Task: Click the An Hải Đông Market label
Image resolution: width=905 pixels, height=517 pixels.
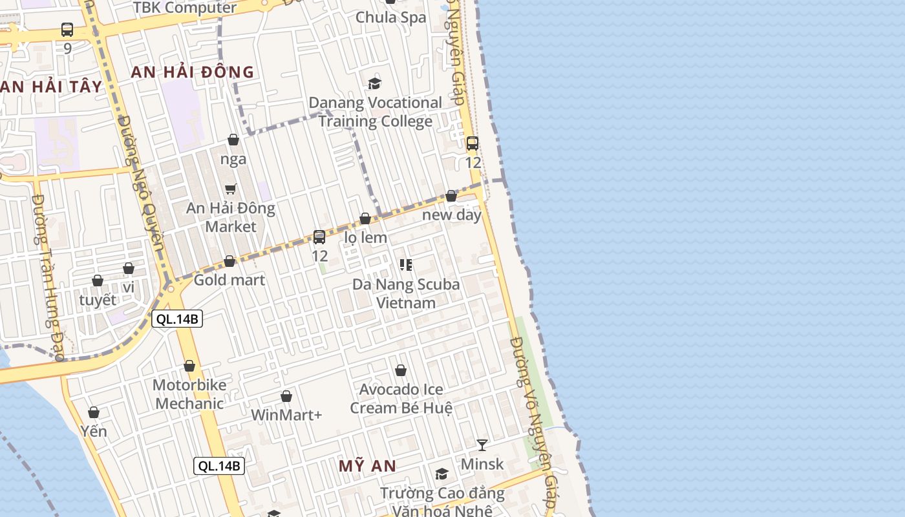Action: click(231, 218)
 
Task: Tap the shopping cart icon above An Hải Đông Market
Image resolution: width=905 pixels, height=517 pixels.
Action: click(231, 189)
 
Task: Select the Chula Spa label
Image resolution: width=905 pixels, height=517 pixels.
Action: click(391, 17)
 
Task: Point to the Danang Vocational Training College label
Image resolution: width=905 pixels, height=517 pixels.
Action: click(376, 112)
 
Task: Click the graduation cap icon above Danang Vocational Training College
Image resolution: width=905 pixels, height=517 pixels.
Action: click(374, 83)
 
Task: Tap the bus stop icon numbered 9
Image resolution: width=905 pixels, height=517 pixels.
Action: click(67, 29)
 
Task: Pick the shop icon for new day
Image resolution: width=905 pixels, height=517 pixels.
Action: click(451, 196)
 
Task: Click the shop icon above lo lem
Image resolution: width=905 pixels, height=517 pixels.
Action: click(365, 218)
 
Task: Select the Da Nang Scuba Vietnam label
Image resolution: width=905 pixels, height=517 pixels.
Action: click(406, 293)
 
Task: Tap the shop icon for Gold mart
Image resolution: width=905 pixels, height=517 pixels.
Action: click(229, 261)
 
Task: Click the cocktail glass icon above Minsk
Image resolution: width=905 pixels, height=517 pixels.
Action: click(482, 445)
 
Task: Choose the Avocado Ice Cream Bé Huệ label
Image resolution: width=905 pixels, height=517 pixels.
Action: click(401, 399)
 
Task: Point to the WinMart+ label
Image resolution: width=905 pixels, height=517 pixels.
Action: click(286, 415)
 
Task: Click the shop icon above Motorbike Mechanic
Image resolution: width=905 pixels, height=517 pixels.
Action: click(189, 366)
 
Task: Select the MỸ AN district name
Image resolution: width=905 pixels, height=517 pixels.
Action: click(368, 465)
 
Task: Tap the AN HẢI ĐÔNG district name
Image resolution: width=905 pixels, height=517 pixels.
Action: click(193, 72)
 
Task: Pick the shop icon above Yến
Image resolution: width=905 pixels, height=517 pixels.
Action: click(94, 412)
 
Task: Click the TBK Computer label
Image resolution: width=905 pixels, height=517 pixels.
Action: click(185, 8)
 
